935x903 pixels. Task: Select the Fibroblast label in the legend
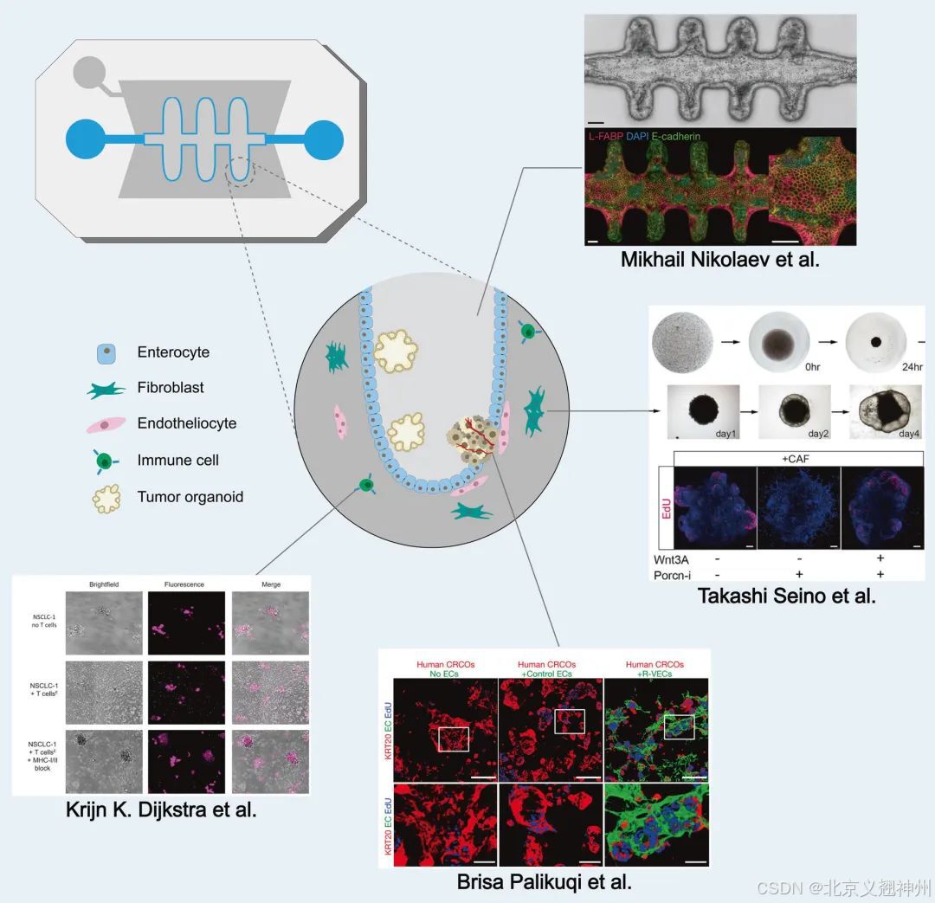(171, 388)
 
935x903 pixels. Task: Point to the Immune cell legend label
(178, 461)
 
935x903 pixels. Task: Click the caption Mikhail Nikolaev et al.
(719, 260)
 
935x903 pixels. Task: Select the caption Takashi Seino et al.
(787, 596)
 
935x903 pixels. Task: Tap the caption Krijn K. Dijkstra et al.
(161, 811)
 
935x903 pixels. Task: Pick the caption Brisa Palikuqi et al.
(544, 882)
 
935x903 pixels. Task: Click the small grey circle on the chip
(88, 71)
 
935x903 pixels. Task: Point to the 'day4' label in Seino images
(910, 433)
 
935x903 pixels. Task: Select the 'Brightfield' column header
(104, 584)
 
